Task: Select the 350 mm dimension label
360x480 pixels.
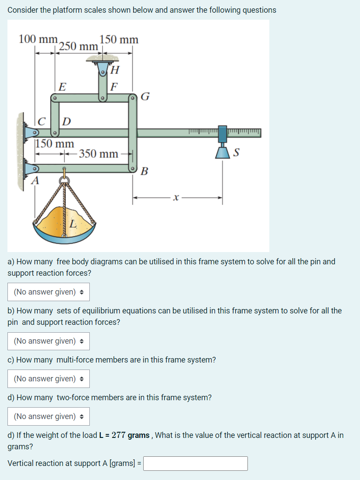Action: (x=99, y=154)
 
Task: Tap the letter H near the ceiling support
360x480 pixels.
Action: (x=115, y=69)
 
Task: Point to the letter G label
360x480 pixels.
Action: (x=146, y=96)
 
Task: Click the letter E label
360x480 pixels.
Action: (x=63, y=86)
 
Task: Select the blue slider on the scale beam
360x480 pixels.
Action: (x=222, y=132)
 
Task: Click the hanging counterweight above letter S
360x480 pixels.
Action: (x=223, y=152)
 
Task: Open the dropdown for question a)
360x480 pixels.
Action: (x=49, y=292)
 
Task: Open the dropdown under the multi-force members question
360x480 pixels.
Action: (x=49, y=379)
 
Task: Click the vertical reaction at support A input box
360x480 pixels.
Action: (x=195, y=463)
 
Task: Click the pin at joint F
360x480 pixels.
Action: (x=102, y=99)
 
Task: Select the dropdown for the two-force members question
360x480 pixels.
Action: (x=49, y=416)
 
